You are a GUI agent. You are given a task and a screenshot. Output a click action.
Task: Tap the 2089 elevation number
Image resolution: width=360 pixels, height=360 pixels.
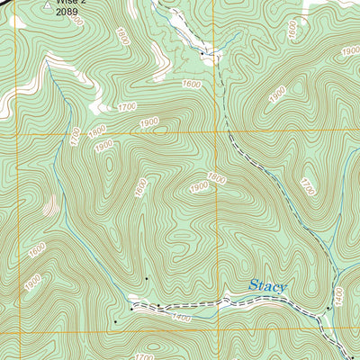68,13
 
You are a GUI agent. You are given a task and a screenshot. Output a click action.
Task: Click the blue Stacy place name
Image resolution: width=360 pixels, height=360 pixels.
267,287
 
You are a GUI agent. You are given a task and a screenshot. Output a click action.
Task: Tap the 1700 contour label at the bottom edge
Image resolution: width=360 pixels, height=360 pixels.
144,356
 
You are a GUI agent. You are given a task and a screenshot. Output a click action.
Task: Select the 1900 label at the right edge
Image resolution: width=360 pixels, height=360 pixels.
349,51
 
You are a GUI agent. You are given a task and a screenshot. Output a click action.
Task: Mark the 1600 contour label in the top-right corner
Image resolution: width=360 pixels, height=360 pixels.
292,29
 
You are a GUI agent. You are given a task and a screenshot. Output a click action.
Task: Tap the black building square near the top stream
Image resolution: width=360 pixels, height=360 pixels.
202,54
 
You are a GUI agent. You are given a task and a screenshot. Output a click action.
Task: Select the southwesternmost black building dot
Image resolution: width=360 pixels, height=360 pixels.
115,320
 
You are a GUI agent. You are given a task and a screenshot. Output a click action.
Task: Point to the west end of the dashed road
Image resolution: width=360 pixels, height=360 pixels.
131,308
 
